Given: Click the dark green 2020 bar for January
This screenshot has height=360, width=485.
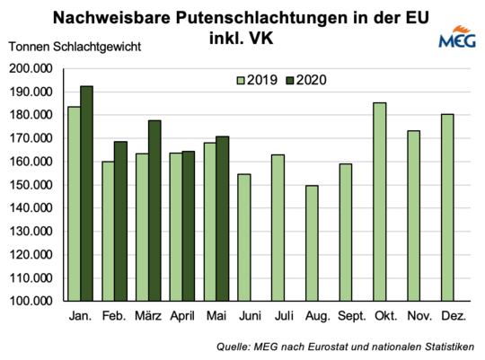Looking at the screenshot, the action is pyautogui.click(x=86, y=194).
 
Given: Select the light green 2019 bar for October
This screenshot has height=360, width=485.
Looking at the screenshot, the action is pyautogui.click(x=380, y=202).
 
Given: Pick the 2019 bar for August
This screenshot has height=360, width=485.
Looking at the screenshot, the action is pyautogui.click(x=312, y=243).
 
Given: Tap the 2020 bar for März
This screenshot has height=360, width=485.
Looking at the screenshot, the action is pyautogui.click(x=154, y=211).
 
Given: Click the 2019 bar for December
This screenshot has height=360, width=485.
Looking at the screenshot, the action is pyautogui.click(x=447, y=207).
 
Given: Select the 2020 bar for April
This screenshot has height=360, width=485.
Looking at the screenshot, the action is pyautogui.click(x=189, y=226).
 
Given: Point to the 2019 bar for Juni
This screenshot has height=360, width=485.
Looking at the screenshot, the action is pyautogui.click(x=244, y=238).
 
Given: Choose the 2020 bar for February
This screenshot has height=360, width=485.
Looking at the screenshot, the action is pyautogui.click(x=120, y=221).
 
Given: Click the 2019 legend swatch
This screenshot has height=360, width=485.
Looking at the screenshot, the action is pyautogui.click(x=241, y=81).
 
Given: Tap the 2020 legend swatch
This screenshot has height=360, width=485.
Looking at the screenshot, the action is pyautogui.click(x=290, y=81).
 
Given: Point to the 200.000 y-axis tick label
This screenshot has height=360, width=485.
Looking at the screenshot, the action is pyautogui.click(x=31, y=68).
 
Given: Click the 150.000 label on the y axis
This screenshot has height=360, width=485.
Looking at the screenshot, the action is pyautogui.click(x=31, y=185).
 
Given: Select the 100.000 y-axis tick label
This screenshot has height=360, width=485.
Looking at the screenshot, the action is pyautogui.click(x=31, y=301).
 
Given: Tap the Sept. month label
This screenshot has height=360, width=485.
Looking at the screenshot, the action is pyautogui.click(x=352, y=316).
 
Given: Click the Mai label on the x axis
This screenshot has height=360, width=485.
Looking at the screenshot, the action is pyautogui.click(x=216, y=316).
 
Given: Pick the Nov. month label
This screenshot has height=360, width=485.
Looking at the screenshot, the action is pyautogui.click(x=419, y=316).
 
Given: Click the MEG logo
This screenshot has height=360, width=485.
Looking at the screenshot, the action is pyautogui.click(x=457, y=37).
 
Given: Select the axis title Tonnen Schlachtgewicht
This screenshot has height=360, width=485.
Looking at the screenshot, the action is pyautogui.click(x=75, y=47).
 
